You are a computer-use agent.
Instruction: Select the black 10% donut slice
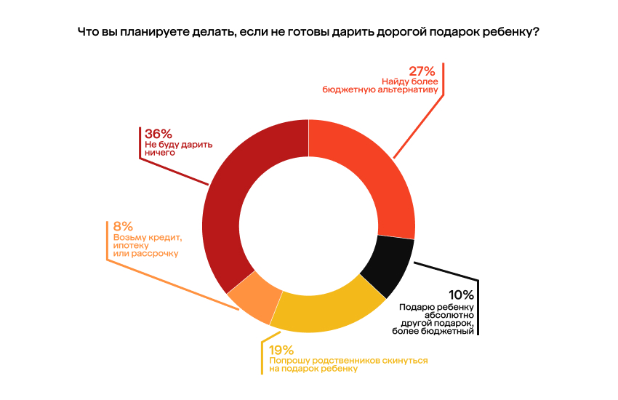pos(387,268)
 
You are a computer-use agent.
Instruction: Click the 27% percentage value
pos(422,71)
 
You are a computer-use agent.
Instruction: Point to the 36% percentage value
pos(158,134)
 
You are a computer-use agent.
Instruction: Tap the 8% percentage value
pos(123,226)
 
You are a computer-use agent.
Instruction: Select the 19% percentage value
pos(281,349)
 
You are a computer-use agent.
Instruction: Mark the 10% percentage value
pos(461,295)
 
